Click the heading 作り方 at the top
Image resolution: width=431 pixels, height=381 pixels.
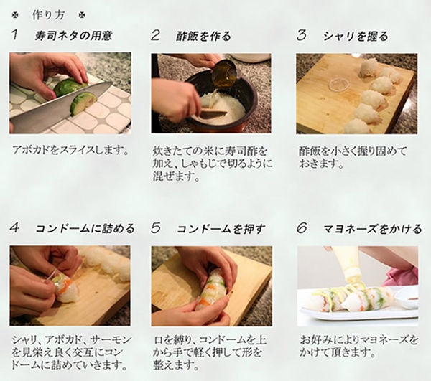pyautogui.click(x=48, y=15)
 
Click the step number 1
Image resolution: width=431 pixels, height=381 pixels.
pyautogui.click(x=15, y=35)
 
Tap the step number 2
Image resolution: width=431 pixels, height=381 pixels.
pyautogui.click(x=155, y=35)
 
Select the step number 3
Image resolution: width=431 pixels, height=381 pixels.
pyautogui.click(x=302, y=35)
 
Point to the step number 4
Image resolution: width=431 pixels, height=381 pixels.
pyautogui.click(x=14, y=227)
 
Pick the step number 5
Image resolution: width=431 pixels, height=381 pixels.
pyautogui.click(x=156, y=228)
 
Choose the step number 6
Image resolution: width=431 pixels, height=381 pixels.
pyautogui.click(x=302, y=228)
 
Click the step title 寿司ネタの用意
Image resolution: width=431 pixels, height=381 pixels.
pyautogui.click(x=73, y=36)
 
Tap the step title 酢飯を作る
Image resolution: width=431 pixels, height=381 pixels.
pyautogui.click(x=203, y=36)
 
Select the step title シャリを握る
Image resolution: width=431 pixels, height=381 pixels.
pyautogui.click(x=356, y=36)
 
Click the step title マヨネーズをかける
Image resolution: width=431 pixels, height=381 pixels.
pyautogui.click(x=372, y=229)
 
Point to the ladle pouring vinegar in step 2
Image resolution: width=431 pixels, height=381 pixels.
pyautogui.click(x=225, y=74)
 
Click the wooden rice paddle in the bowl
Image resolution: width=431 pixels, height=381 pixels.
pyautogui.click(x=213, y=113)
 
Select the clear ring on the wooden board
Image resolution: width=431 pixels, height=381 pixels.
pyautogui.click(x=339, y=84)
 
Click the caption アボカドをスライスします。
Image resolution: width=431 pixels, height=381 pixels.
pyautogui.click(x=70, y=150)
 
